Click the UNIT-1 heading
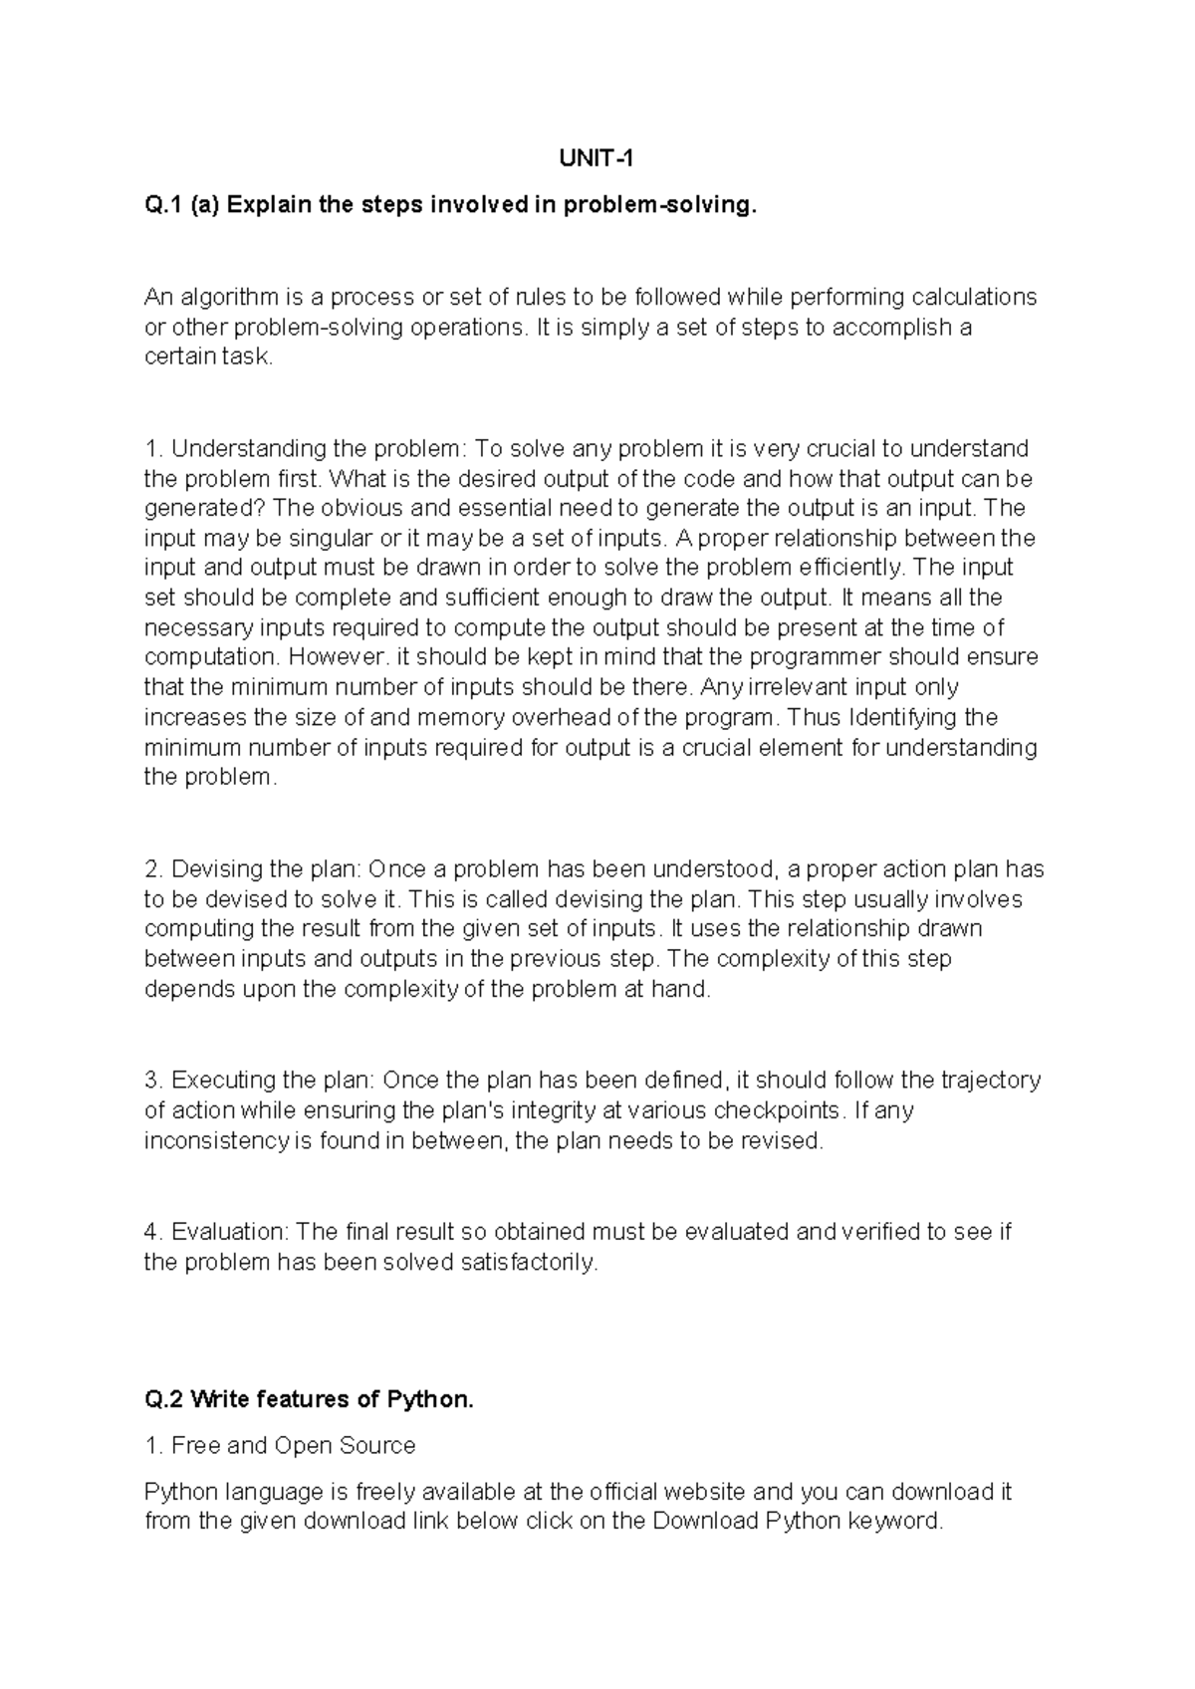coord(597,158)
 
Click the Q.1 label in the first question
coord(164,205)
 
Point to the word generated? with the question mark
coord(205,508)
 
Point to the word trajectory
coord(989,1081)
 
